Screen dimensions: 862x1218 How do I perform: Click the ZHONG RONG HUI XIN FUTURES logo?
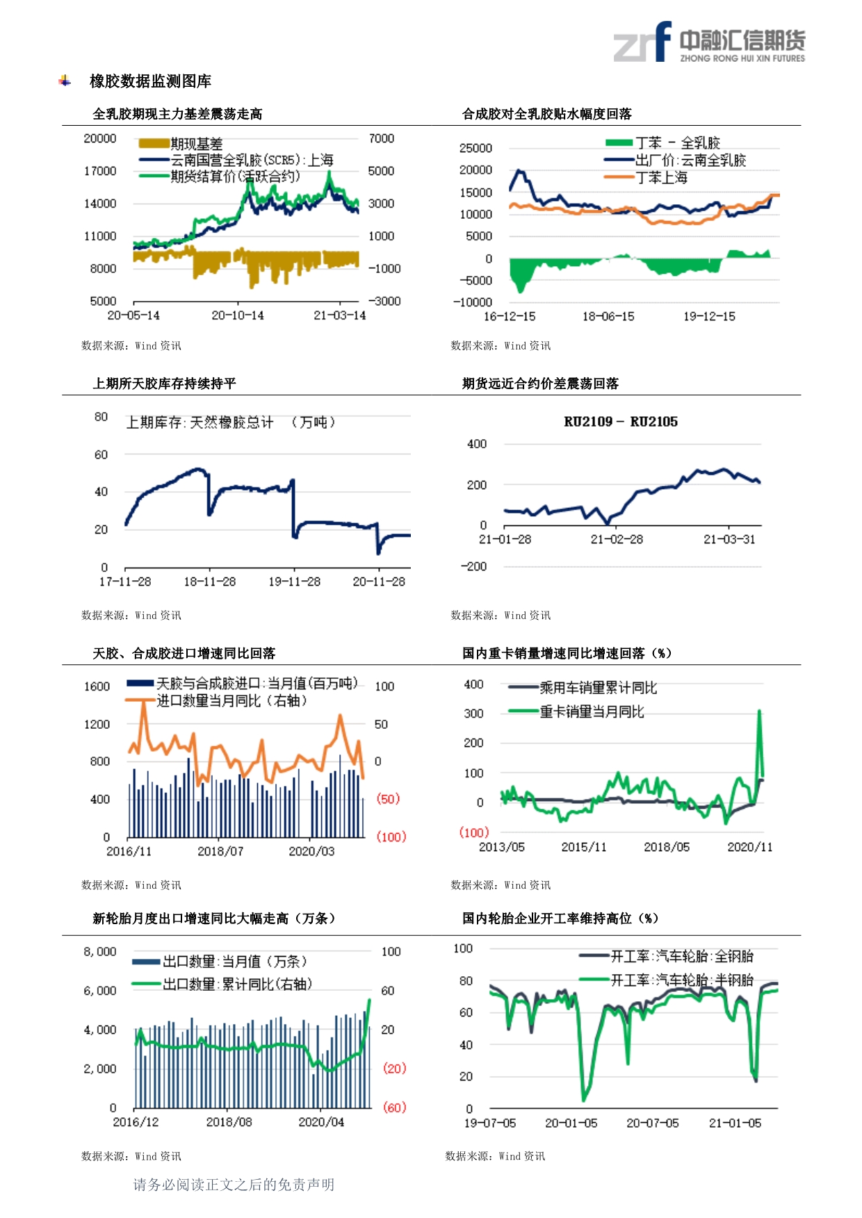709,42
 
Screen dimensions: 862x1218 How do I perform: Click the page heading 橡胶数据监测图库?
150,81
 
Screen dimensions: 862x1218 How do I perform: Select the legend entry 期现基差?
181,144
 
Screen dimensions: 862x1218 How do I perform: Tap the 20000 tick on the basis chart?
99,138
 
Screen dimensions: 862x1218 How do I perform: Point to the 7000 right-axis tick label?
381,138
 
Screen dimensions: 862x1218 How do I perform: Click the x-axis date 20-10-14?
238,315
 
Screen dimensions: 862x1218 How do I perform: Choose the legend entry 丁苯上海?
646,178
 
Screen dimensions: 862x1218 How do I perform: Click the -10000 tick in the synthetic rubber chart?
473,302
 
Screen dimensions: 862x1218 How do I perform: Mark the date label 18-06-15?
608,317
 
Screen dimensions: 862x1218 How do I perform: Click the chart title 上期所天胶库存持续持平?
165,384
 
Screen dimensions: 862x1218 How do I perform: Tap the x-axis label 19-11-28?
294,582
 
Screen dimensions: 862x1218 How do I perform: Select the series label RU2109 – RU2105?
621,422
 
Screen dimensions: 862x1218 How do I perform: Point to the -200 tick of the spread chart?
473,566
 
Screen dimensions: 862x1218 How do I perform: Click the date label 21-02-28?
617,539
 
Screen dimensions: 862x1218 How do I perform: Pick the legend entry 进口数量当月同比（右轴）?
217,700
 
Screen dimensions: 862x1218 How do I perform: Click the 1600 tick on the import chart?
97,686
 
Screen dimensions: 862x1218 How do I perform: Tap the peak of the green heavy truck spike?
759,711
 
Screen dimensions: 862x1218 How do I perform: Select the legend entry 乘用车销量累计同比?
583,688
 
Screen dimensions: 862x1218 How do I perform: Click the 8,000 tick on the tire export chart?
100,952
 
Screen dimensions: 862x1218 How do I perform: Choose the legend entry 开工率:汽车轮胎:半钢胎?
667,980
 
